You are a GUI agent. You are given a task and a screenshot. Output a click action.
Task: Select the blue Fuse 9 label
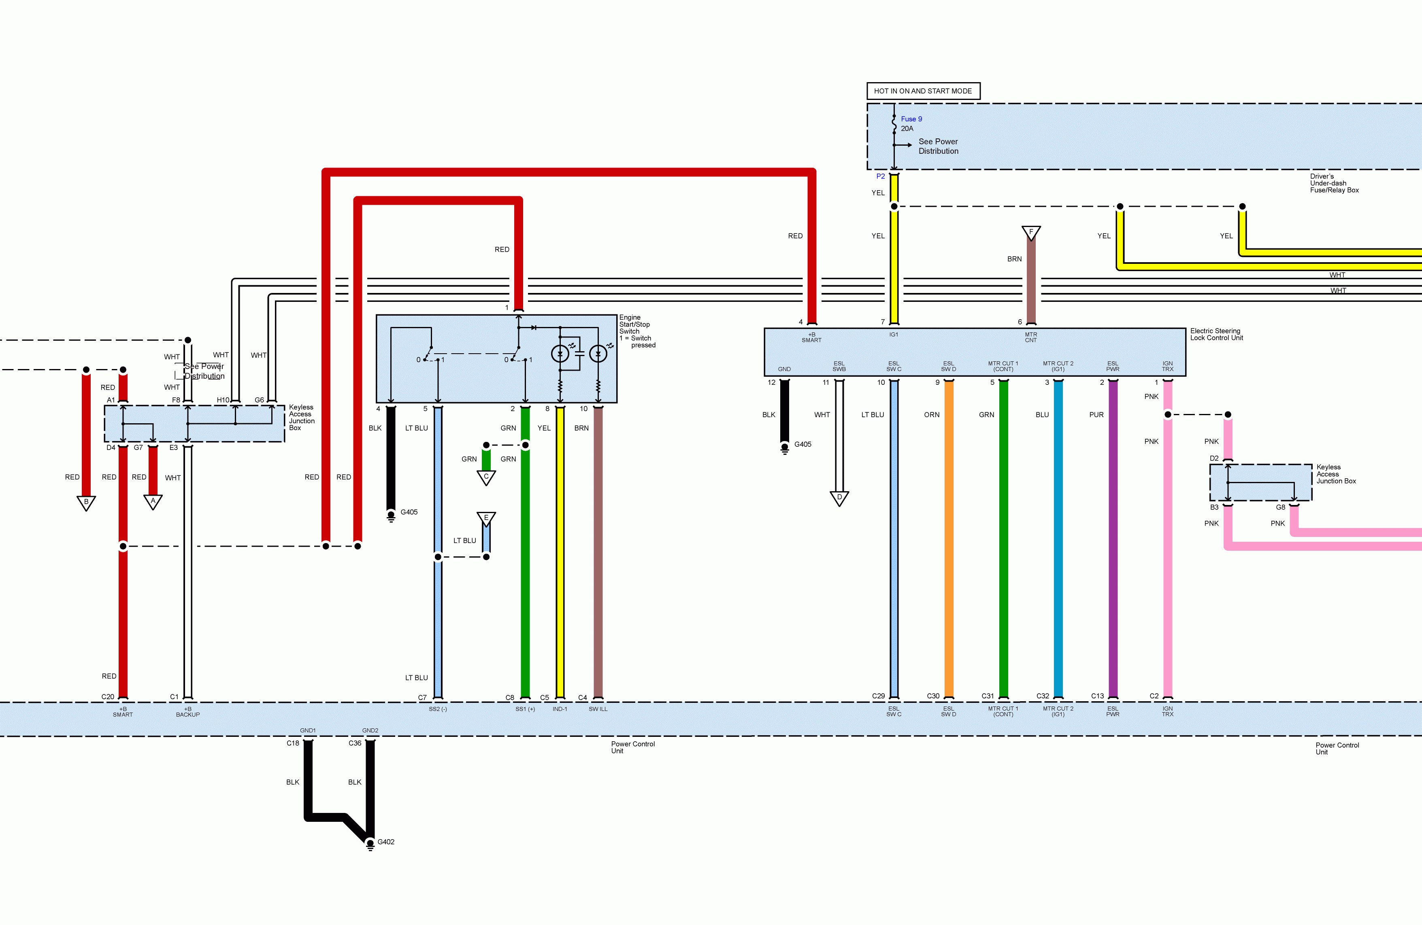(911, 119)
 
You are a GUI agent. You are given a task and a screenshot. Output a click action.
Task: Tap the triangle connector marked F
(1030, 232)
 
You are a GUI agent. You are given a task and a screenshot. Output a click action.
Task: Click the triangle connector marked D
(839, 497)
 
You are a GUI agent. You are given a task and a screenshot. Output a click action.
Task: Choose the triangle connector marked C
(486, 477)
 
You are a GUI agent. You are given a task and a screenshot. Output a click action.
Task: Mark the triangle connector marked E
(486, 518)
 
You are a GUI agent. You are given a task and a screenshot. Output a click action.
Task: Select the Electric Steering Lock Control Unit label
(1216, 334)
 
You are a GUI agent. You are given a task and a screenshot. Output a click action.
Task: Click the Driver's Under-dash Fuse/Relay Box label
(1334, 183)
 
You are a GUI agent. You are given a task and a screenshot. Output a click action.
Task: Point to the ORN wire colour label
(932, 414)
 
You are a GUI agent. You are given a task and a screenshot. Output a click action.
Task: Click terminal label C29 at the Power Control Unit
(878, 696)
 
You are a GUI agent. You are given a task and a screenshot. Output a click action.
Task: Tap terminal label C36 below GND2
(355, 743)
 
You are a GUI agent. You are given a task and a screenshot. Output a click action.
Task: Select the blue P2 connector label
(880, 176)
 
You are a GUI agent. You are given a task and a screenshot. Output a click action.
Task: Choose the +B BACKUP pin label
(187, 712)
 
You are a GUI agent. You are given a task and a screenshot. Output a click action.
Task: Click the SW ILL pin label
(598, 709)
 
